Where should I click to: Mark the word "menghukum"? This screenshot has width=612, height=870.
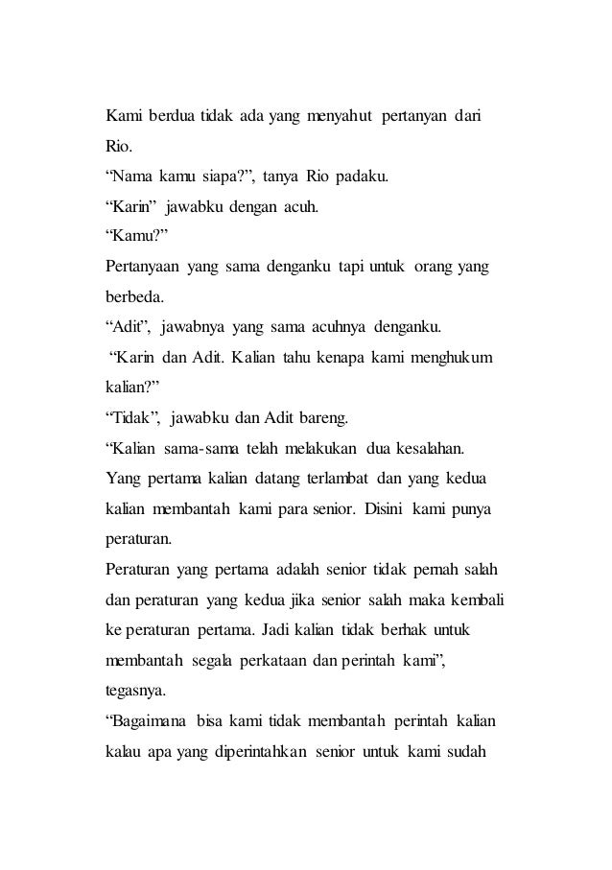(444, 357)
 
